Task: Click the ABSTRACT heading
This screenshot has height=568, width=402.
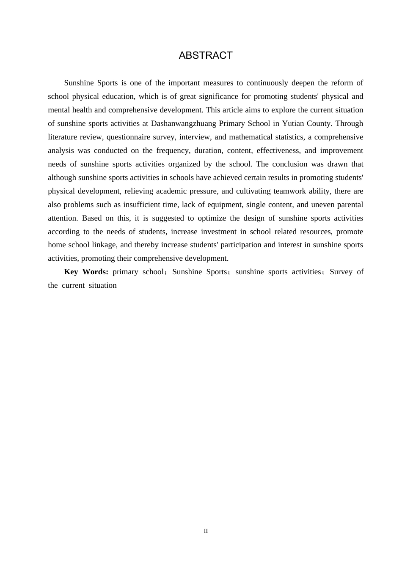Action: point(206,55)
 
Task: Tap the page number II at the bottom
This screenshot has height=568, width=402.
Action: point(206,531)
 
